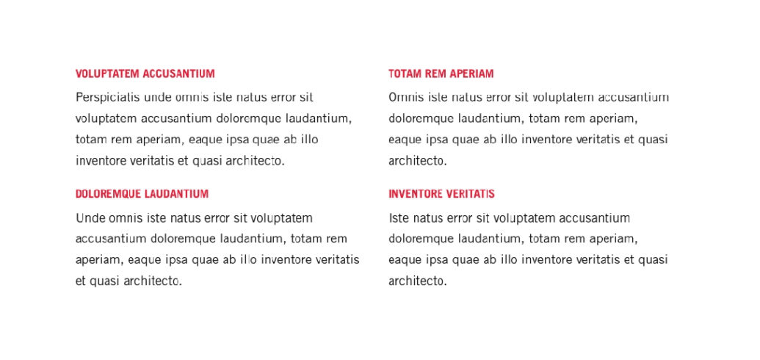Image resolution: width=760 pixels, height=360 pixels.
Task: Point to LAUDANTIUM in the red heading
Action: pyautogui.click(x=176, y=194)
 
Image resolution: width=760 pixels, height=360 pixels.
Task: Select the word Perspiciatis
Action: pyautogui.click(x=108, y=97)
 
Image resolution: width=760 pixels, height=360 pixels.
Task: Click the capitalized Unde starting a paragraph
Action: pyautogui.click(x=90, y=218)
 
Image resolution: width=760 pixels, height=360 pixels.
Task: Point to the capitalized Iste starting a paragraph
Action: pyautogui.click(x=399, y=218)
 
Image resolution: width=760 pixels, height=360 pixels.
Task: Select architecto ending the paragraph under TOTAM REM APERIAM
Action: pyautogui.click(x=417, y=161)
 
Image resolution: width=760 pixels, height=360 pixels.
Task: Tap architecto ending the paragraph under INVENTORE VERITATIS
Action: pyautogui.click(x=417, y=281)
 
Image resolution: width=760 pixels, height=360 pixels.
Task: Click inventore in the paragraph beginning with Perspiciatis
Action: pyautogui.click(x=101, y=161)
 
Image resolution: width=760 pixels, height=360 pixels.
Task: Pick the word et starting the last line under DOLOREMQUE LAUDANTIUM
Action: pyautogui.click(x=81, y=281)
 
